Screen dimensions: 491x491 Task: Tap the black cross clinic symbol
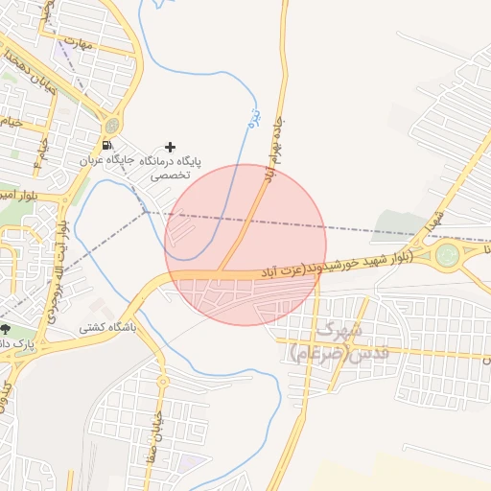click(x=171, y=147)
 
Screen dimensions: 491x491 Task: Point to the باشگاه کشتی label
click(x=108, y=327)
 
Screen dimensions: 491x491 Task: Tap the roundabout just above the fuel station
click(x=113, y=125)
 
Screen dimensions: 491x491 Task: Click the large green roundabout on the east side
click(x=447, y=255)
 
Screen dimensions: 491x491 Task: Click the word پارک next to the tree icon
click(x=31, y=342)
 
